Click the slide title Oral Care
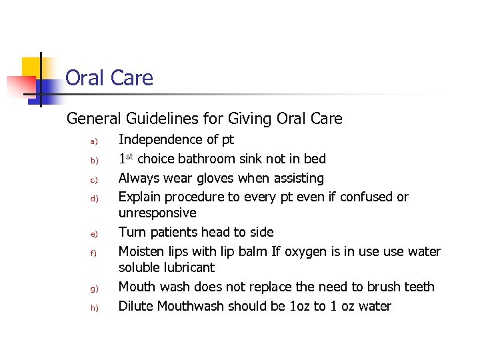pos(109,78)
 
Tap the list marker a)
pos(94,141)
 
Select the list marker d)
pos(94,199)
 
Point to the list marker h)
pos(94,308)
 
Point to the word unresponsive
pos(157,213)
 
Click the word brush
pos(380,287)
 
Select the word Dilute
pos(137,306)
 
